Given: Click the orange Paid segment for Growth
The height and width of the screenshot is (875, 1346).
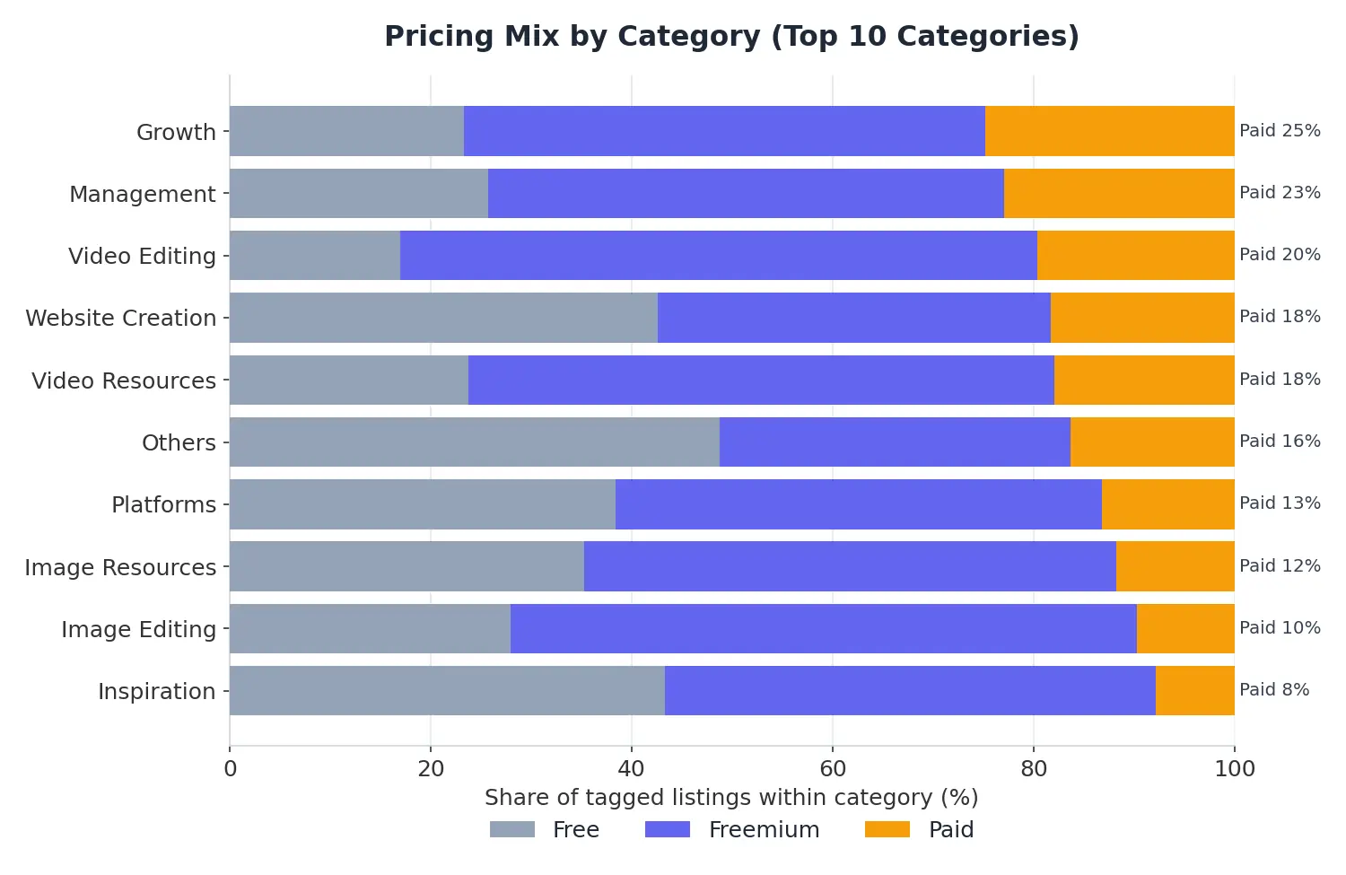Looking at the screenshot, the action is click(1109, 131).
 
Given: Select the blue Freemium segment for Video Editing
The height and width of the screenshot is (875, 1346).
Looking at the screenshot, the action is click(718, 256).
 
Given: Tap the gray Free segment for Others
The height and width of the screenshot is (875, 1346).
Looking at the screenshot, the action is click(475, 442).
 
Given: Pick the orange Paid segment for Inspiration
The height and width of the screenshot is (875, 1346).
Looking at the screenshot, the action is click(1194, 690).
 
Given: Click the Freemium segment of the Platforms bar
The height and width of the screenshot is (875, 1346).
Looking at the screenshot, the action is click(859, 504).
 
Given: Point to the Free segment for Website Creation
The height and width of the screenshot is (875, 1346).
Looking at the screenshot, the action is click(443, 318).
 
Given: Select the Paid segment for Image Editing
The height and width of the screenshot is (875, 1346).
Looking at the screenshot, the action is click(1185, 628).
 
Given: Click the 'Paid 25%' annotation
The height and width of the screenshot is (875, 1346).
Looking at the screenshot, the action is click(1280, 130).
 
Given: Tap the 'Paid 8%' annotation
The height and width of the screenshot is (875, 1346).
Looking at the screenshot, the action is click(1274, 689).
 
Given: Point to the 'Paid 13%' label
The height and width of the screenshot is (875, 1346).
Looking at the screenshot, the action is click(1280, 503).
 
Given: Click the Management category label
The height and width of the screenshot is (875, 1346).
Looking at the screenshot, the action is click(143, 195).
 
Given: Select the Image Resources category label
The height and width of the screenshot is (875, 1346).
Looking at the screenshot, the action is click(120, 567).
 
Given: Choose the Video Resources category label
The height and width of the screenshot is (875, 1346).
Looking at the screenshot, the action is click(124, 381).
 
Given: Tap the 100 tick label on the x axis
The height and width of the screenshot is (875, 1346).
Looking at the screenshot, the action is click(1235, 769).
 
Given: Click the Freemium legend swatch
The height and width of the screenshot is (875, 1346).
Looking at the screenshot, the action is click(668, 829).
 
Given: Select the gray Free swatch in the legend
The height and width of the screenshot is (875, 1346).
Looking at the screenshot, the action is click(512, 829).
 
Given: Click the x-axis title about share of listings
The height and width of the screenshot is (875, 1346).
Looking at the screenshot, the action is click(732, 798).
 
